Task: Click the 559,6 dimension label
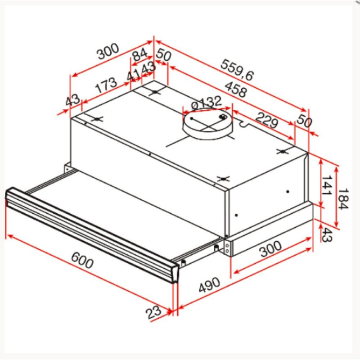pyautogui.click(x=237, y=70)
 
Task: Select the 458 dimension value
pyautogui.click(x=236, y=89)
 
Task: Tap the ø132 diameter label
pyautogui.click(x=207, y=102)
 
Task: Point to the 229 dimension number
pyautogui.click(x=267, y=120)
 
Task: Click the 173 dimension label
pyautogui.click(x=106, y=85)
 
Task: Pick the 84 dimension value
pyautogui.click(x=140, y=54)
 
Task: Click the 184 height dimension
pyautogui.click(x=343, y=199)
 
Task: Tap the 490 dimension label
pyautogui.click(x=209, y=285)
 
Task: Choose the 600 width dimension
pyautogui.click(x=82, y=261)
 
